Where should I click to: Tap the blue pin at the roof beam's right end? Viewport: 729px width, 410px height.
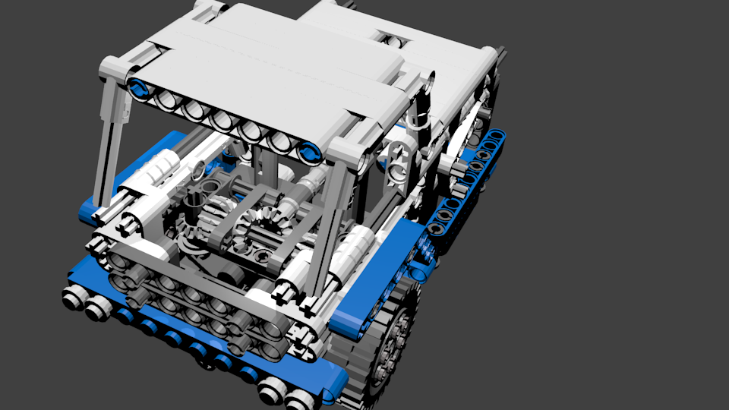point(309,152)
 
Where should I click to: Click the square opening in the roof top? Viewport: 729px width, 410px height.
point(390,38)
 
